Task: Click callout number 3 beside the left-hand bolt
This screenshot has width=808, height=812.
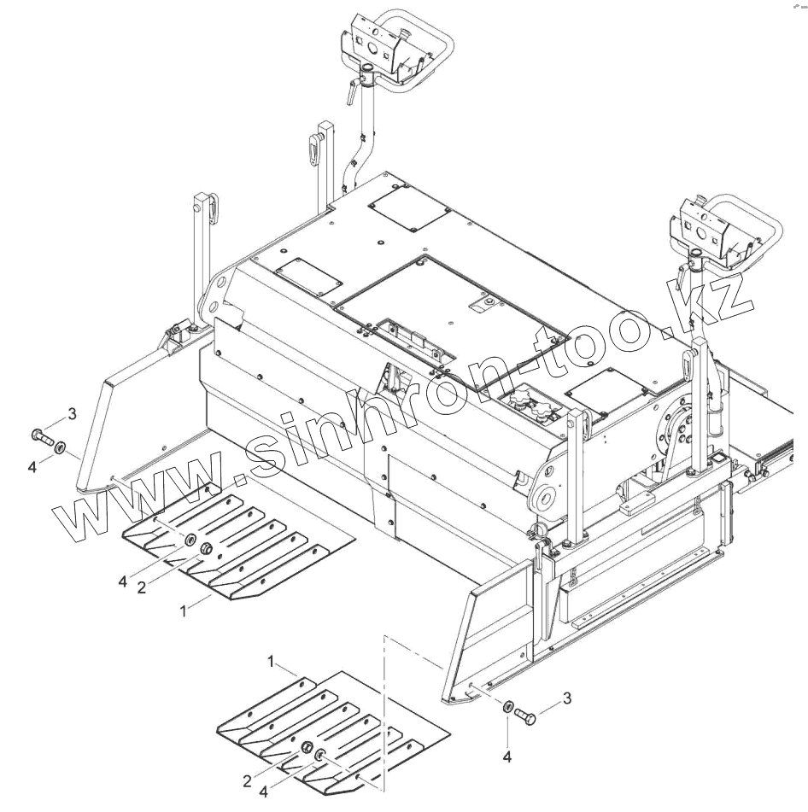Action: (73, 414)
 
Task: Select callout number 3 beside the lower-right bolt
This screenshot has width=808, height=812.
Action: (567, 698)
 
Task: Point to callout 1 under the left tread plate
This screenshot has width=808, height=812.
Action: (183, 611)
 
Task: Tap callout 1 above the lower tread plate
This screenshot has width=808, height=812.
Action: (271, 662)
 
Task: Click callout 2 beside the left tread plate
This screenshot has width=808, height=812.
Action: (141, 588)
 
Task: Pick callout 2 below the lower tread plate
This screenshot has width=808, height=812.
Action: (247, 780)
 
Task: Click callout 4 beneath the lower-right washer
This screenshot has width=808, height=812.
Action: (506, 757)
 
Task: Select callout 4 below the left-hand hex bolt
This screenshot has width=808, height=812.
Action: (32, 466)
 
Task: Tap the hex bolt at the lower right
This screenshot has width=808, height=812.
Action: (525, 716)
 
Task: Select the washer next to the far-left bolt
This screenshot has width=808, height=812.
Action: (61, 447)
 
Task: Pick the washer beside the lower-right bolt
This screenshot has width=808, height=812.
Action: (507, 707)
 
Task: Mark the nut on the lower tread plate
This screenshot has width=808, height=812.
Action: (307, 748)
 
